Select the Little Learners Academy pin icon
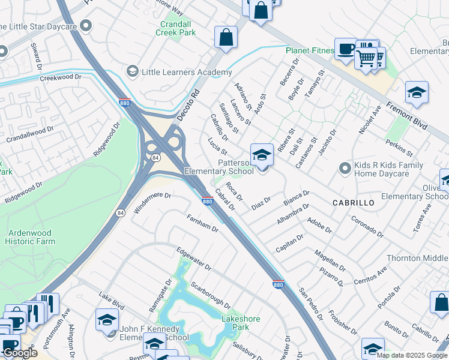[131, 72]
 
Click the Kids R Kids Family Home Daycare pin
[345, 168]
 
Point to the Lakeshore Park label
[241, 323]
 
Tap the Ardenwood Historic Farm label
[40, 237]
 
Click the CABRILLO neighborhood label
[354, 203]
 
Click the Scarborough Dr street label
[210, 295]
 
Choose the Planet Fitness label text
[310, 51]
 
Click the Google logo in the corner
[20, 352]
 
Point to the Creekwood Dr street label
[60, 77]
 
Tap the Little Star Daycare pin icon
[86, 26]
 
